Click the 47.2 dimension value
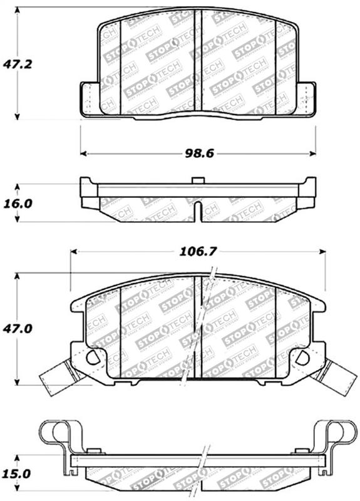(16, 64)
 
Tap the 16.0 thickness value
(16, 204)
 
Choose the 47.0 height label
(16, 328)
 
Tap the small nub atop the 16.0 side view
(198, 181)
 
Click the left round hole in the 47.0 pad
(93, 358)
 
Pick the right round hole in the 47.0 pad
(302, 358)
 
